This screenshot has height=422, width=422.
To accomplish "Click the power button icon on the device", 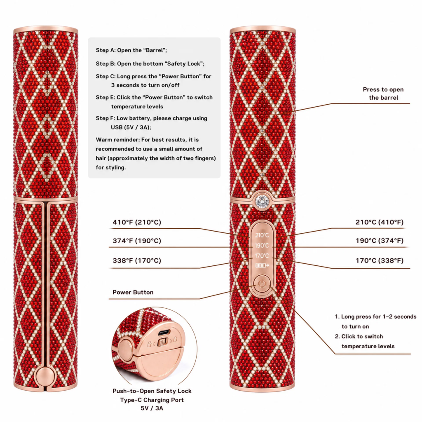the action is point(262,284).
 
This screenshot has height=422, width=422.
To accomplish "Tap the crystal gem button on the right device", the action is point(262,201).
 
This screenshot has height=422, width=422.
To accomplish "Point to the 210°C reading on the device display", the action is point(262,235).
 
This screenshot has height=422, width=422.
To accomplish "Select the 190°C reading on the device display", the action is point(262,246).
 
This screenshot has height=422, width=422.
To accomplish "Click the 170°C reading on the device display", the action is point(262,256).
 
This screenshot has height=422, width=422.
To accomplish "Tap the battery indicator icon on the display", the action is point(262,265).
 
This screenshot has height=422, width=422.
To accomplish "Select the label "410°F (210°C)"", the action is point(137,222).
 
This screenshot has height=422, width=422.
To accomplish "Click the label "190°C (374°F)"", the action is point(380,241).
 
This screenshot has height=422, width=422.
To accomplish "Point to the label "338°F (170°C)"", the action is point(137,260).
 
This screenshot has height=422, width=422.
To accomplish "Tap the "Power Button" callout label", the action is point(133,292).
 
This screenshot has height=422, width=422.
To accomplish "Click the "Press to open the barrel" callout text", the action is point(383,94).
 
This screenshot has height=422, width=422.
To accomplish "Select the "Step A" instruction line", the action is point(131,50).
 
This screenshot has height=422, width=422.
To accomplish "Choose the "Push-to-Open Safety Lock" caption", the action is point(152,391).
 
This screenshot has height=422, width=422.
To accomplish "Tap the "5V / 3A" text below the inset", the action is point(152,408).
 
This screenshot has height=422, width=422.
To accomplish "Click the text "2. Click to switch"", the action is point(359,336).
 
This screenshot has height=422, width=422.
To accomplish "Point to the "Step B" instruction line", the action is point(150,64).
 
